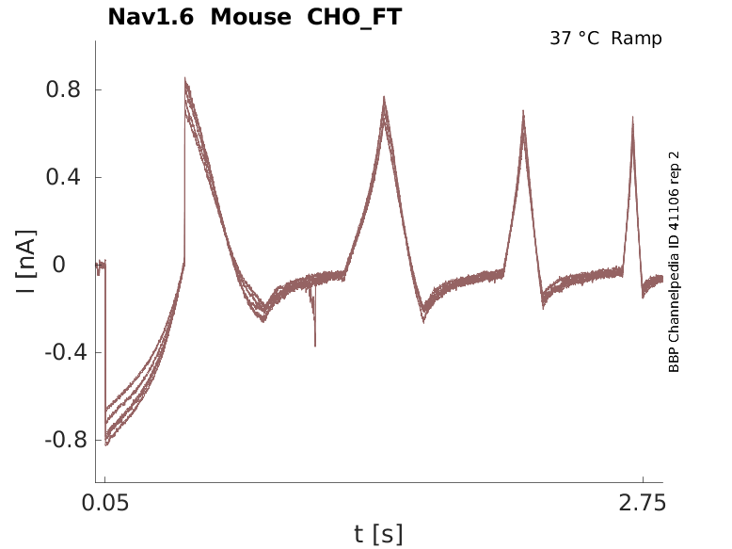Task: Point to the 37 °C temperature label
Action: point(575,39)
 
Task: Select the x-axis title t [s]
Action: point(378,535)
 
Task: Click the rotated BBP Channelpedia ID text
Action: point(674,262)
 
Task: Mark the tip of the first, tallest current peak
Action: point(185,78)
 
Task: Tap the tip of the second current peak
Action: point(384,96)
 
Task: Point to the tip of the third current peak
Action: point(523,110)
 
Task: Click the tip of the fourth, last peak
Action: point(632,117)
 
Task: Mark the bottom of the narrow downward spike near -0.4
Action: point(314,346)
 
